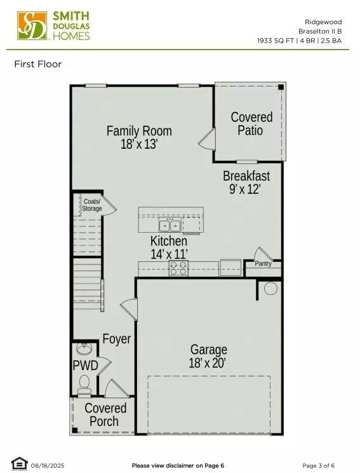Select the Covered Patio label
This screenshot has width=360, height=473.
251,123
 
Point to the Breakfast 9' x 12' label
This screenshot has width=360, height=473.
246,182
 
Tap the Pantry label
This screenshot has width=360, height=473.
263,263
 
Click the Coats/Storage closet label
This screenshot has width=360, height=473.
92,205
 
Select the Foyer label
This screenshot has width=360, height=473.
117,339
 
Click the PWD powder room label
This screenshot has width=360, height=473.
85,366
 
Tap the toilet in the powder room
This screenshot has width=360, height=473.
83,383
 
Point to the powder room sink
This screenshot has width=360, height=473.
84,349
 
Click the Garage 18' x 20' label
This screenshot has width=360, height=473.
208,356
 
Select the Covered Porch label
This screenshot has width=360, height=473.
105,415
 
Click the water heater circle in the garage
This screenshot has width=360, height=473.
270,289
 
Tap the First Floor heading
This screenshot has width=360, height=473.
37,64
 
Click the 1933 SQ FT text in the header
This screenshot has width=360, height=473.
276,40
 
